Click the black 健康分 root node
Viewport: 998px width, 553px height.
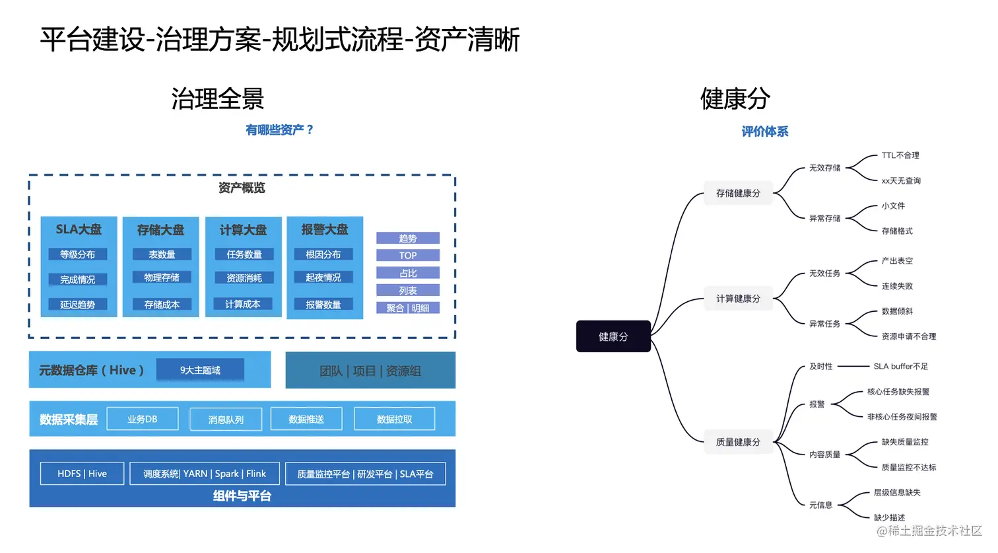pyautogui.click(x=613, y=336)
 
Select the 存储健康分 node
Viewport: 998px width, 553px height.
pyautogui.click(x=738, y=193)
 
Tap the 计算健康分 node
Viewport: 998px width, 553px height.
pyautogui.click(x=738, y=299)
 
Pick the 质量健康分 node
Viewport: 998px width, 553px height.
pyautogui.click(x=738, y=442)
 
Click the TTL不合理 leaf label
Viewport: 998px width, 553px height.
pyautogui.click(x=900, y=155)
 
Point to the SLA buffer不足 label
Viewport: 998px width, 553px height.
pyautogui.click(x=900, y=366)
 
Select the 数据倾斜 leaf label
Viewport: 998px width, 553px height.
pyautogui.click(x=897, y=311)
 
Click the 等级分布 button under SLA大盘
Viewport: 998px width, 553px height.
pyautogui.click(x=78, y=254)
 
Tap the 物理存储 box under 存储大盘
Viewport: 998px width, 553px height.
pyautogui.click(x=162, y=277)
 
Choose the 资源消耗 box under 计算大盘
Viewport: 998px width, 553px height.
pyautogui.click(x=244, y=278)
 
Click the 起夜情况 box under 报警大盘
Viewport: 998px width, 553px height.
pyautogui.click(x=323, y=277)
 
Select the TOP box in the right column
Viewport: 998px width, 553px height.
pyautogui.click(x=408, y=256)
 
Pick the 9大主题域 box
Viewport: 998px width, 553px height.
pyautogui.click(x=200, y=370)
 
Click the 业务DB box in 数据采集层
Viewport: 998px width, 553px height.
pyautogui.click(x=143, y=419)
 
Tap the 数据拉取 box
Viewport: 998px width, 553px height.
pyautogui.click(x=394, y=419)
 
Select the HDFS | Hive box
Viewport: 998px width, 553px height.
pyautogui.click(x=82, y=474)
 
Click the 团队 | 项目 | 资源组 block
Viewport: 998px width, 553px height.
pyautogui.click(x=370, y=371)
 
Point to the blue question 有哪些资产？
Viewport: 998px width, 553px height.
pyautogui.click(x=280, y=130)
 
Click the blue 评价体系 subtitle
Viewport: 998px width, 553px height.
pyautogui.click(x=764, y=131)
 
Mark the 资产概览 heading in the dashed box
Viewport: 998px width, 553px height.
pyautogui.click(x=242, y=188)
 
